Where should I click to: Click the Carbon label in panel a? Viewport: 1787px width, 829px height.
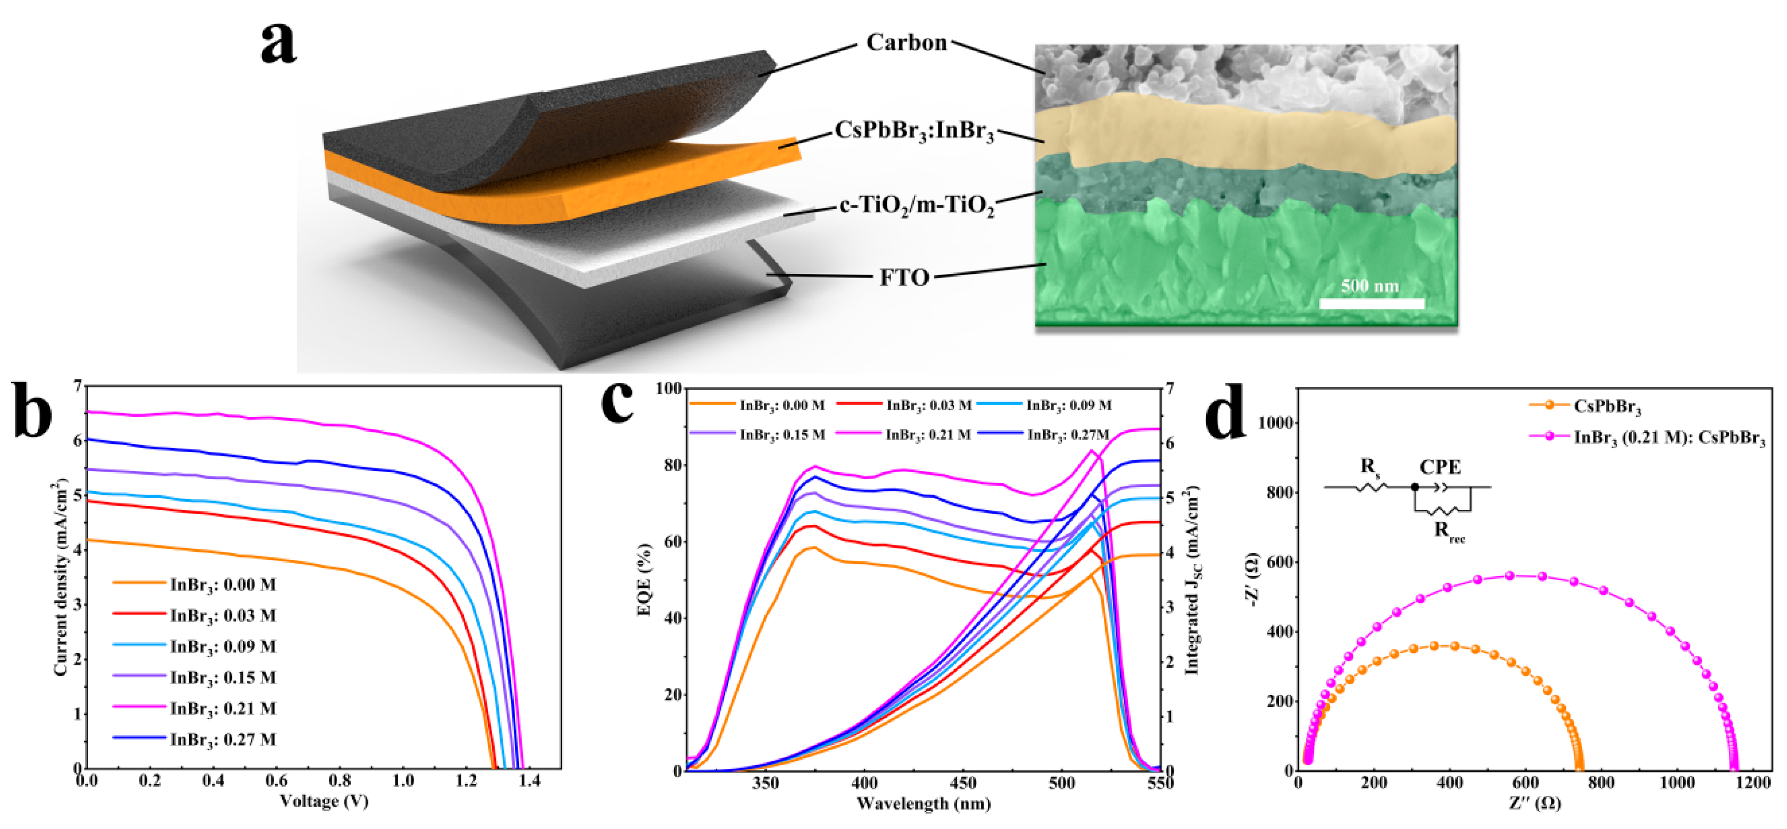pyautogui.click(x=906, y=43)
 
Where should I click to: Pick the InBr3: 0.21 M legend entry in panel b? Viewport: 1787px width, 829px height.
pyautogui.click(x=223, y=709)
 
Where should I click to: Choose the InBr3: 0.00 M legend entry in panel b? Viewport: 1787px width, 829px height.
pyautogui.click(x=223, y=585)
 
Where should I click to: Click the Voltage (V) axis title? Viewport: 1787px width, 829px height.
pyautogui.click(x=324, y=802)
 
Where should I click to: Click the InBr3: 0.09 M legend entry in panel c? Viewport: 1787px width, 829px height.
pyautogui.click(x=1068, y=406)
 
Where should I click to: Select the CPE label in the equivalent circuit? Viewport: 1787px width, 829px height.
pyautogui.click(x=1440, y=467)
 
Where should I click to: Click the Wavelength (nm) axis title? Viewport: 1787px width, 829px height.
pyautogui.click(x=924, y=804)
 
